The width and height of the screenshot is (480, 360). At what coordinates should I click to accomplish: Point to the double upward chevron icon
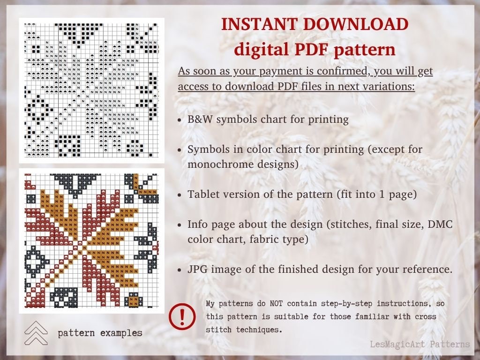(36, 333)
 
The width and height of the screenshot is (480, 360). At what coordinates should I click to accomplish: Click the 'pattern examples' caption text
(100, 333)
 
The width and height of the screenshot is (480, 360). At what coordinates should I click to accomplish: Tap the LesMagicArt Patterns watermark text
(419, 345)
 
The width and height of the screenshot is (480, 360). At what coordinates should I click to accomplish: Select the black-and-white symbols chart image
(91, 90)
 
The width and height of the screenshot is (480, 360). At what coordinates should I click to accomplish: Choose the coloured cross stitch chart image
(91, 241)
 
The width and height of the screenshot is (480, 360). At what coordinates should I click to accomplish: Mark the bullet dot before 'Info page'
(180, 225)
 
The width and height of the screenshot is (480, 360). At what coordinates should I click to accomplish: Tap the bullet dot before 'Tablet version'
(180, 195)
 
